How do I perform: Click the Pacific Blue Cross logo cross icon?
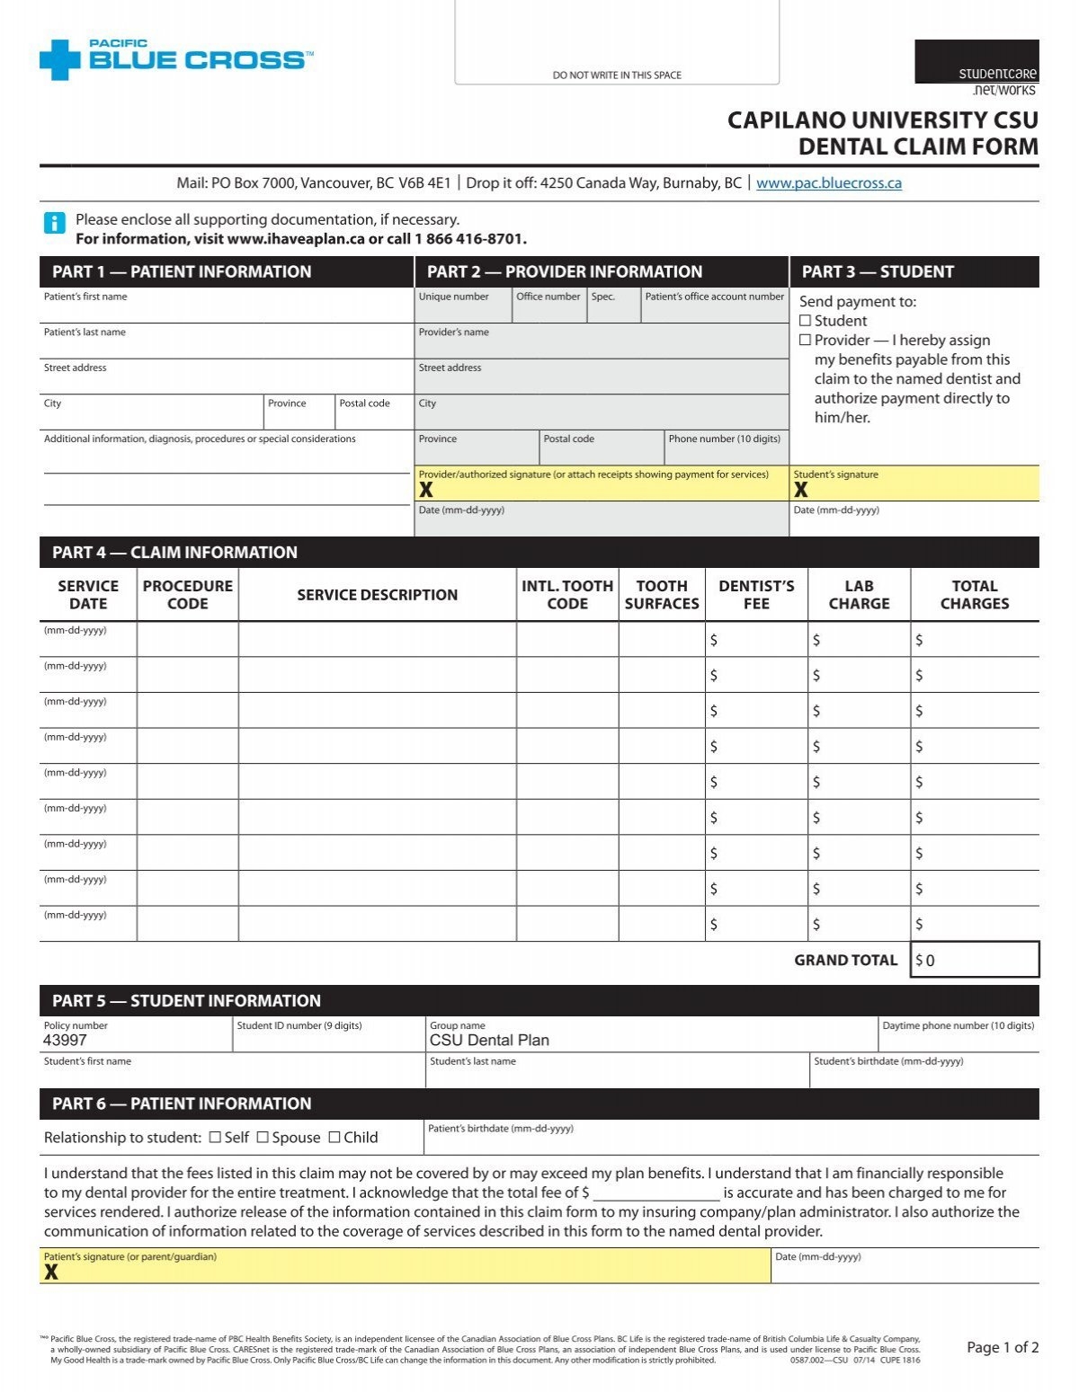(x=60, y=59)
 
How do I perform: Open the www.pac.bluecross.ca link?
(x=828, y=183)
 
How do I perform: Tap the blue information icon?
(x=54, y=223)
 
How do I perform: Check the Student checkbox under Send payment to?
(x=806, y=321)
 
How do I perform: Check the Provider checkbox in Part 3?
(x=806, y=340)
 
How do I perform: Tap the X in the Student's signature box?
(x=800, y=490)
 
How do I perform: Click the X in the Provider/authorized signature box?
(x=426, y=490)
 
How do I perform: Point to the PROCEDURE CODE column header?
(x=187, y=595)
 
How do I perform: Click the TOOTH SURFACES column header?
(x=662, y=595)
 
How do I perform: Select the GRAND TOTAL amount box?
(x=975, y=960)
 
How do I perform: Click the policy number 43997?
(x=66, y=1040)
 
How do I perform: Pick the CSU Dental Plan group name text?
(x=489, y=1040)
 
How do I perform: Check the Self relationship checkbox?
(x=215, y=1137)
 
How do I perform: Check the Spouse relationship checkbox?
(x=263, y=1137)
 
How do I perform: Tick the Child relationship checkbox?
(x=334, y=1137)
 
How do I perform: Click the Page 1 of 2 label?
(x=1003, y=1347)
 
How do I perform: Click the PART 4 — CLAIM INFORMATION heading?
(x=174, y=553)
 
